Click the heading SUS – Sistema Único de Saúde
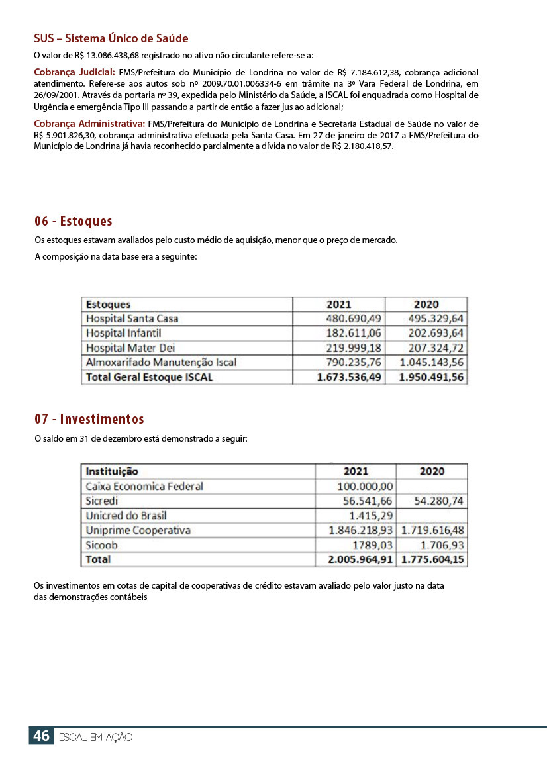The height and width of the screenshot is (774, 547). (x=111, y=38)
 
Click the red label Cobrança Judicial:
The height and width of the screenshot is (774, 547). (x=74, y=72)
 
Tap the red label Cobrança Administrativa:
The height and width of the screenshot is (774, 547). (x=89, y=124)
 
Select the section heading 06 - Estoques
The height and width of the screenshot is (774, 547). (x=74, y=221)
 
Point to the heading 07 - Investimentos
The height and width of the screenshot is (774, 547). (x=89, y=419)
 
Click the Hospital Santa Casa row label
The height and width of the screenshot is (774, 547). (x=132, y=318)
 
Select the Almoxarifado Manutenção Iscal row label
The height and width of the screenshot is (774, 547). (x=161, y=362)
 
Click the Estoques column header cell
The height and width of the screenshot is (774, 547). (x=109, y=305)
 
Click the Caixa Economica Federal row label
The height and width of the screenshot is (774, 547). (x=144, y=486)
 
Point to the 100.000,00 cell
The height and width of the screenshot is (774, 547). (x=366, y=486)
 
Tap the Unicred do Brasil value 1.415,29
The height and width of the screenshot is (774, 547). (x=372, y=515)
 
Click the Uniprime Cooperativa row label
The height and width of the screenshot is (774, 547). (x=138, y=530)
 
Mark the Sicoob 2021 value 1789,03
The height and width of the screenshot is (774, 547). (x=373, y=545)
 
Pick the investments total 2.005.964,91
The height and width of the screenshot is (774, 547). (x=360, y=559)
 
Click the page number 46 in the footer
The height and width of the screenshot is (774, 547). (x=41, y=736)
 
